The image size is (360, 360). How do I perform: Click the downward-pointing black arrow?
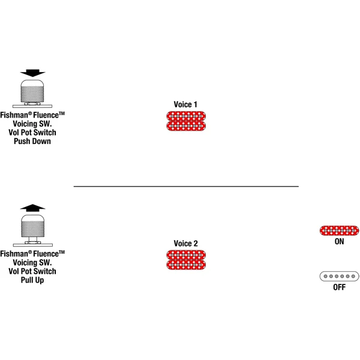coord(32,73)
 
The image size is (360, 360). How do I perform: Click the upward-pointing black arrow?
coord(32,208)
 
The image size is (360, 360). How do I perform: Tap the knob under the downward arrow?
coord(32,91)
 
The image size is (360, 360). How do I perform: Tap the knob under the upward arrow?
coord(32,226)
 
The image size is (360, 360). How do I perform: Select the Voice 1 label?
coord(185,104)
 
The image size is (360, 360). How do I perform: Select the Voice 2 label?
coord(186,244)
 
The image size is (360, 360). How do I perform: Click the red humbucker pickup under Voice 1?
coord(186,121)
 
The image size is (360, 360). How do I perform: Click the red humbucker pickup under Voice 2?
coord(186,260)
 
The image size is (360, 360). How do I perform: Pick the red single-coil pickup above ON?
coord(339,230)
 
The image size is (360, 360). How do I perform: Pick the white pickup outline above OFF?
coord(339,276)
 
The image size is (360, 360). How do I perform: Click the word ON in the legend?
coord(340,242)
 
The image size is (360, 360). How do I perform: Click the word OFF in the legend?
coord(340,287)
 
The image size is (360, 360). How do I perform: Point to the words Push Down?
coord(32,141)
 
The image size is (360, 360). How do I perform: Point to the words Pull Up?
coord(32,280)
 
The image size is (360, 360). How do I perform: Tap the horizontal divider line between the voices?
coord(186,187)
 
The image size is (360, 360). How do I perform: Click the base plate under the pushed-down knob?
coord(32,106)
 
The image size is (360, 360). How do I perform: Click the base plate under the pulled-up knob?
coord(33,245)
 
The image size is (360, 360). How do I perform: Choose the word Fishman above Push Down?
coord(14,115)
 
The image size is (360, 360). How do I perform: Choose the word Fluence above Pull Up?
coord(46,254)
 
